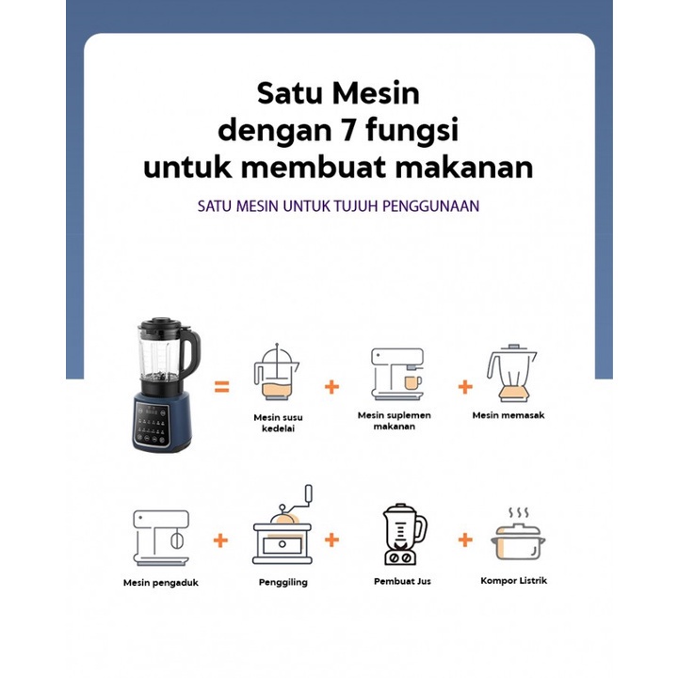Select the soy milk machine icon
[x=276, y=373]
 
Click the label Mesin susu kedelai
[x=278, y=423]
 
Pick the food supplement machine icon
[x=396, y=374]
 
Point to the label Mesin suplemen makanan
[x=394, y=420]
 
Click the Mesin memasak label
[x=508, y=415]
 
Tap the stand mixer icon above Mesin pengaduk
[x=161, y=538]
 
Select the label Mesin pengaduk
[x=161, y=583]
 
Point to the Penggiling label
[x=283, y=582]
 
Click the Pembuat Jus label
[x=402, y=581]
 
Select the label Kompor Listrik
[x=513, y=581]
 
